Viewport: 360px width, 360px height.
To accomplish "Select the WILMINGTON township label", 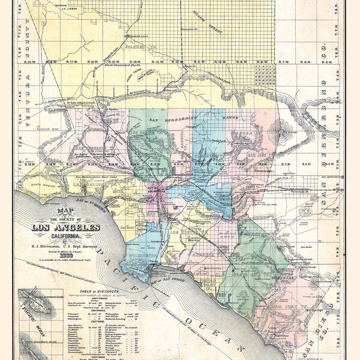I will click(x=142, y=256).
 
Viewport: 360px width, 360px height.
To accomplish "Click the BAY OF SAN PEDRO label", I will click(x=167, y=281).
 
